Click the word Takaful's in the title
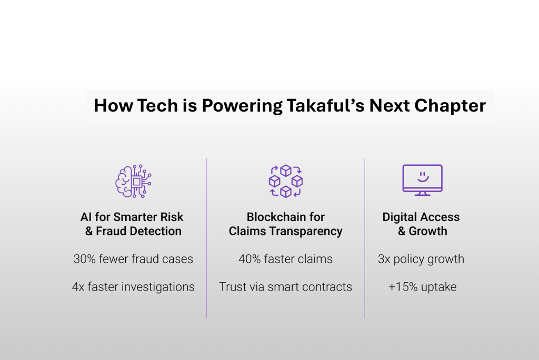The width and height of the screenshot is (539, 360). click(325, 105)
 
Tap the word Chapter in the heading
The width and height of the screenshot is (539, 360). click(450, 106)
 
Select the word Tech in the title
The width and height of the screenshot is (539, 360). click(158, 105)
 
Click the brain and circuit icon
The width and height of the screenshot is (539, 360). click(133, 181)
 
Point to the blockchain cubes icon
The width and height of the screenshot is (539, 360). click(286, 181)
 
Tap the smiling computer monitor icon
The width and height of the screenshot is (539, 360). click(423, 180)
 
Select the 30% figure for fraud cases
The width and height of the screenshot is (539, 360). click(85, 259)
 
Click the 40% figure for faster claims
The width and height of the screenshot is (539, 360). click(249, 259)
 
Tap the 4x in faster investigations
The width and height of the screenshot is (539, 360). click(78, 287)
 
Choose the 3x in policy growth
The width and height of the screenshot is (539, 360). click(384, 259)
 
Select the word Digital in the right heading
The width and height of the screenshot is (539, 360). click(400, 217)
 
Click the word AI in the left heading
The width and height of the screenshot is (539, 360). click(86, 217)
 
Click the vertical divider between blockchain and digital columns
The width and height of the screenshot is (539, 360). click(365, 238)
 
